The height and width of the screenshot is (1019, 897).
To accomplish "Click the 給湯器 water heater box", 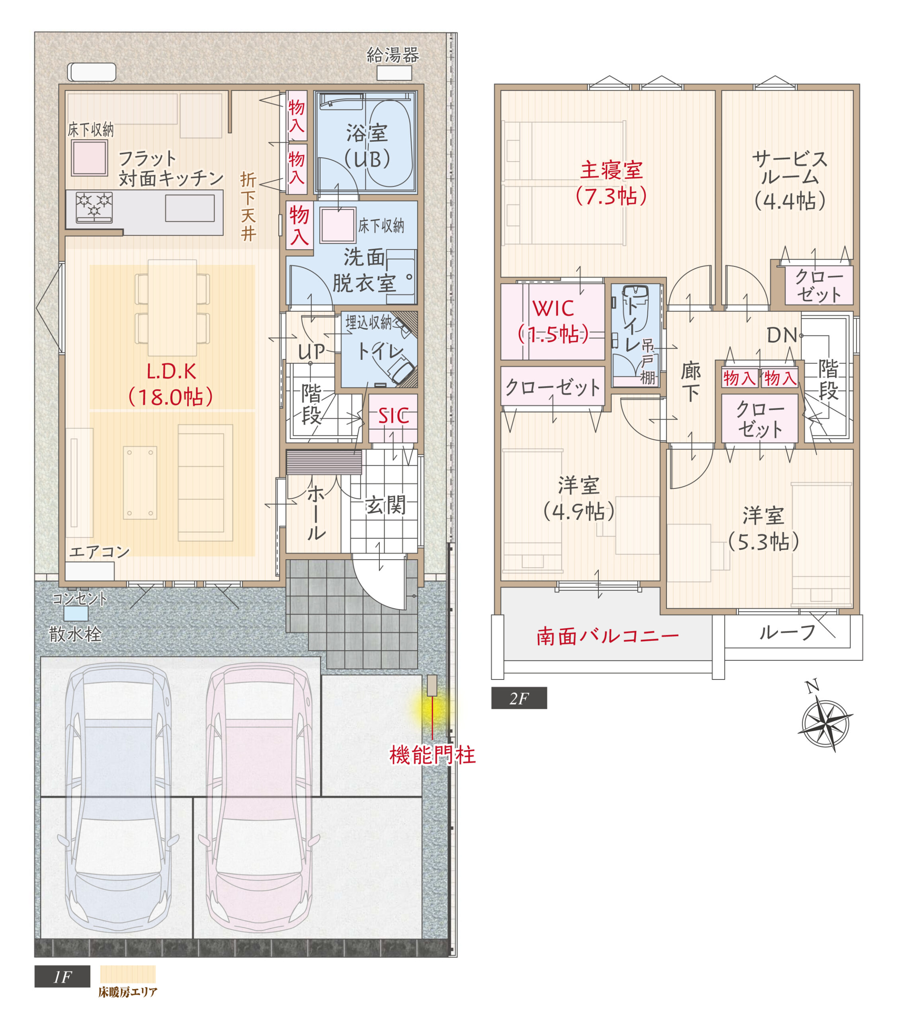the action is (x=394, y=73).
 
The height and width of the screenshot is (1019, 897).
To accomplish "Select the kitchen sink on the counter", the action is (x=190, y=208).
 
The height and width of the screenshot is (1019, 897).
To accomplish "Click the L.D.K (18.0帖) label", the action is (x=171, y=385).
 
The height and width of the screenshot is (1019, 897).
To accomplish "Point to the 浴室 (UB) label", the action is (x=367, y=147).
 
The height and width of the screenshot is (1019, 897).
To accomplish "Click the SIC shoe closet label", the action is (x=393, y=416).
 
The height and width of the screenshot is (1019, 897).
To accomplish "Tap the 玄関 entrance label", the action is (x=385, y=506).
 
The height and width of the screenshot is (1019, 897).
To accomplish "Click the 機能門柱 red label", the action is (x=432, y=755).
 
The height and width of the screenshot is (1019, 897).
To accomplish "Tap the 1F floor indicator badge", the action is (x=63, y=976).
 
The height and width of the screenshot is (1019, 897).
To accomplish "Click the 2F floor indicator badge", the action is (x=519, y=698).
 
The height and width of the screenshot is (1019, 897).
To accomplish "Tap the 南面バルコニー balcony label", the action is (x=608, y=636).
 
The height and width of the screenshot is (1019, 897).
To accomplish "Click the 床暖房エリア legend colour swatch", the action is (x=128, y=974).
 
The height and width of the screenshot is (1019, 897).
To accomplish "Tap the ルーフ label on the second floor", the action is (x=787, y=632).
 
